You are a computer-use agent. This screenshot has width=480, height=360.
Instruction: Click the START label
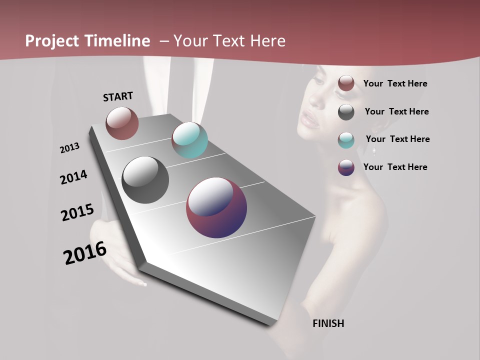pos(118,96)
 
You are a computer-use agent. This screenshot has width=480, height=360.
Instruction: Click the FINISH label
pos(328,323)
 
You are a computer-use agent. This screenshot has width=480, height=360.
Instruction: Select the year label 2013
pos(69,148)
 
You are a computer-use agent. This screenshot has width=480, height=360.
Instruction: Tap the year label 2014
pos(73,177)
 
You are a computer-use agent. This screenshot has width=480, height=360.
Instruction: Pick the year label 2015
pos(77,212)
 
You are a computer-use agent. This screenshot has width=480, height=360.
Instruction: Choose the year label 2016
pos(85,252)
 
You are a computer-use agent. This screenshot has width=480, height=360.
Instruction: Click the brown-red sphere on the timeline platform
pos(122,123)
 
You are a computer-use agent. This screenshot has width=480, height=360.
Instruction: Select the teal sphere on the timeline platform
pos(189,140)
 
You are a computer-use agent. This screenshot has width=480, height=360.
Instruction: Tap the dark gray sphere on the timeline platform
pos(145,180)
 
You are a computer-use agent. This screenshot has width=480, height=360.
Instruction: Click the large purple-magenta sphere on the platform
pos(216,207)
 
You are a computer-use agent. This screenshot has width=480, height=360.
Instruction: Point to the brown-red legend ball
pos(346,83)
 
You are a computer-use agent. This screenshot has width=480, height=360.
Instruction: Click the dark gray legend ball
pos(346,112)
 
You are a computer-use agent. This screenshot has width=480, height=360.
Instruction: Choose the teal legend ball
pos(346,140)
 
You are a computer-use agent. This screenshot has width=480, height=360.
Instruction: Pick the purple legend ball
pos(346,167)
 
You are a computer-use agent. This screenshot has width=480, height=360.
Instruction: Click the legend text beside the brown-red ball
pos(395,83)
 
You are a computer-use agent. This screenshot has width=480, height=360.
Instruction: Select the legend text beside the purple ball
pos(395,167)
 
